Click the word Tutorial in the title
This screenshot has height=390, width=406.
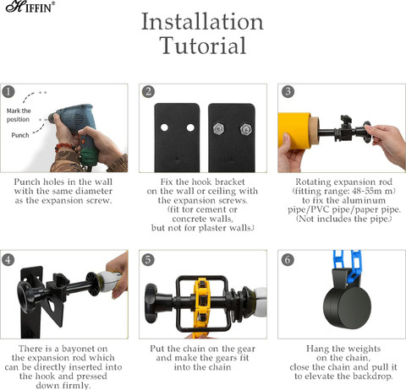(x=203, y=46)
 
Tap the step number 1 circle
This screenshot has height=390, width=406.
(x=8, y=92)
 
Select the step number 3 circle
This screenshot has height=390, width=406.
(x=288, y=91)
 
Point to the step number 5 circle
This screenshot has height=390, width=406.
(x=148, y=259)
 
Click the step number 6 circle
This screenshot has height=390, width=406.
(x=288, y=259)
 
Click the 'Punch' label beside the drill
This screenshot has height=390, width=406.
(x=20, y=135)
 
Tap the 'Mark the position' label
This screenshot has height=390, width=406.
(x=19, y=115)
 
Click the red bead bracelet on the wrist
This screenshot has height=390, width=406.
(x=65, y=148)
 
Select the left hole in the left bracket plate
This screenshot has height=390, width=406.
(x=164, y=127)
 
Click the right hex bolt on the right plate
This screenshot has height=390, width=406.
(x=246, y=129)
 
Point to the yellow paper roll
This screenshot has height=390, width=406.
(x=294, y=130)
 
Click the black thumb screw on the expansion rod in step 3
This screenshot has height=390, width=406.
(x=345, y=120)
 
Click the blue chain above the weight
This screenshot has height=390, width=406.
(x=347, y=266)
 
